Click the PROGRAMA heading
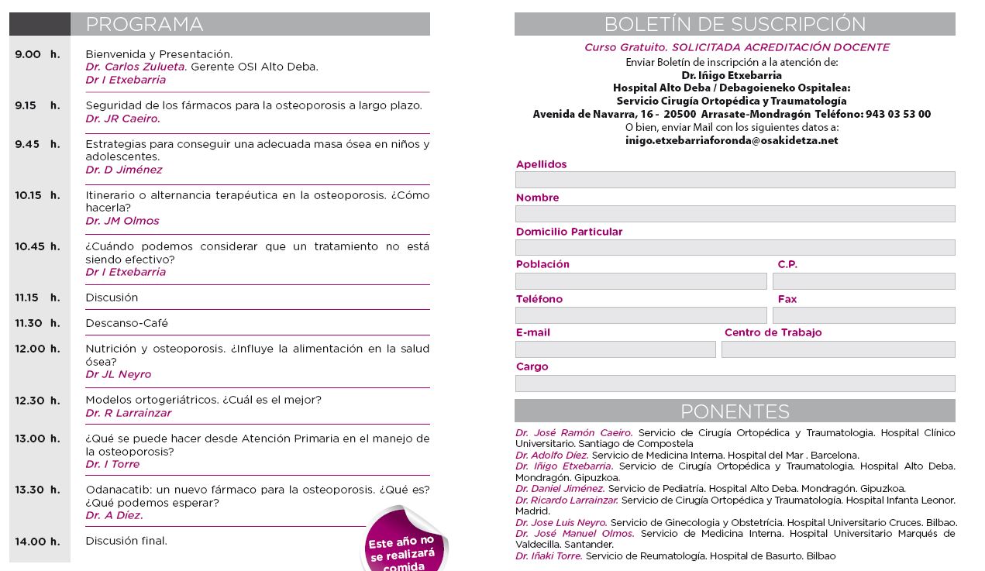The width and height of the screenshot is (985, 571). (x=144, y=25)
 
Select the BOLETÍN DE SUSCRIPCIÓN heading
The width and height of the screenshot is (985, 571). (x=735, y=25)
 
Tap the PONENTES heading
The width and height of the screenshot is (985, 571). (x=735, y=411)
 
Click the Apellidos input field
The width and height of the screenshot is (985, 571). (x=735, y=180)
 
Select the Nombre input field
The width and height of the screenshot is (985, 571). (x=735, y=214)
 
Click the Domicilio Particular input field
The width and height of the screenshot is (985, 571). (x=735, y=248)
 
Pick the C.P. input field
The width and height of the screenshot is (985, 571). (x=863, y=281)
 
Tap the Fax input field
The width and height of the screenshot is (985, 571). (x=863, y=315)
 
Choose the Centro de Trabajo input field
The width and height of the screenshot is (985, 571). (x=838, y=349)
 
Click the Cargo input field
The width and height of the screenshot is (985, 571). (x=735, y=384)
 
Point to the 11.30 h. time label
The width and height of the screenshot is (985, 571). (x=37, y=323)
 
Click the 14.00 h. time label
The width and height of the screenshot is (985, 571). (x=37, y=542)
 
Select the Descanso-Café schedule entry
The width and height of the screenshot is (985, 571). (x=126, y=323)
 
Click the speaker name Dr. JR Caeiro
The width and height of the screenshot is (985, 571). (x=122, y=119)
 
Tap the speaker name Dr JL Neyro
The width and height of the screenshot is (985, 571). (x=118, y=374)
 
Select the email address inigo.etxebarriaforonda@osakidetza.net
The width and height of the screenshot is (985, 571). (x=732, y=141)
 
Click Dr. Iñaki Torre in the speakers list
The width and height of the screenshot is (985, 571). (x=549, y=556)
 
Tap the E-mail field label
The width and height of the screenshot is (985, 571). (x=533, y=332)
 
